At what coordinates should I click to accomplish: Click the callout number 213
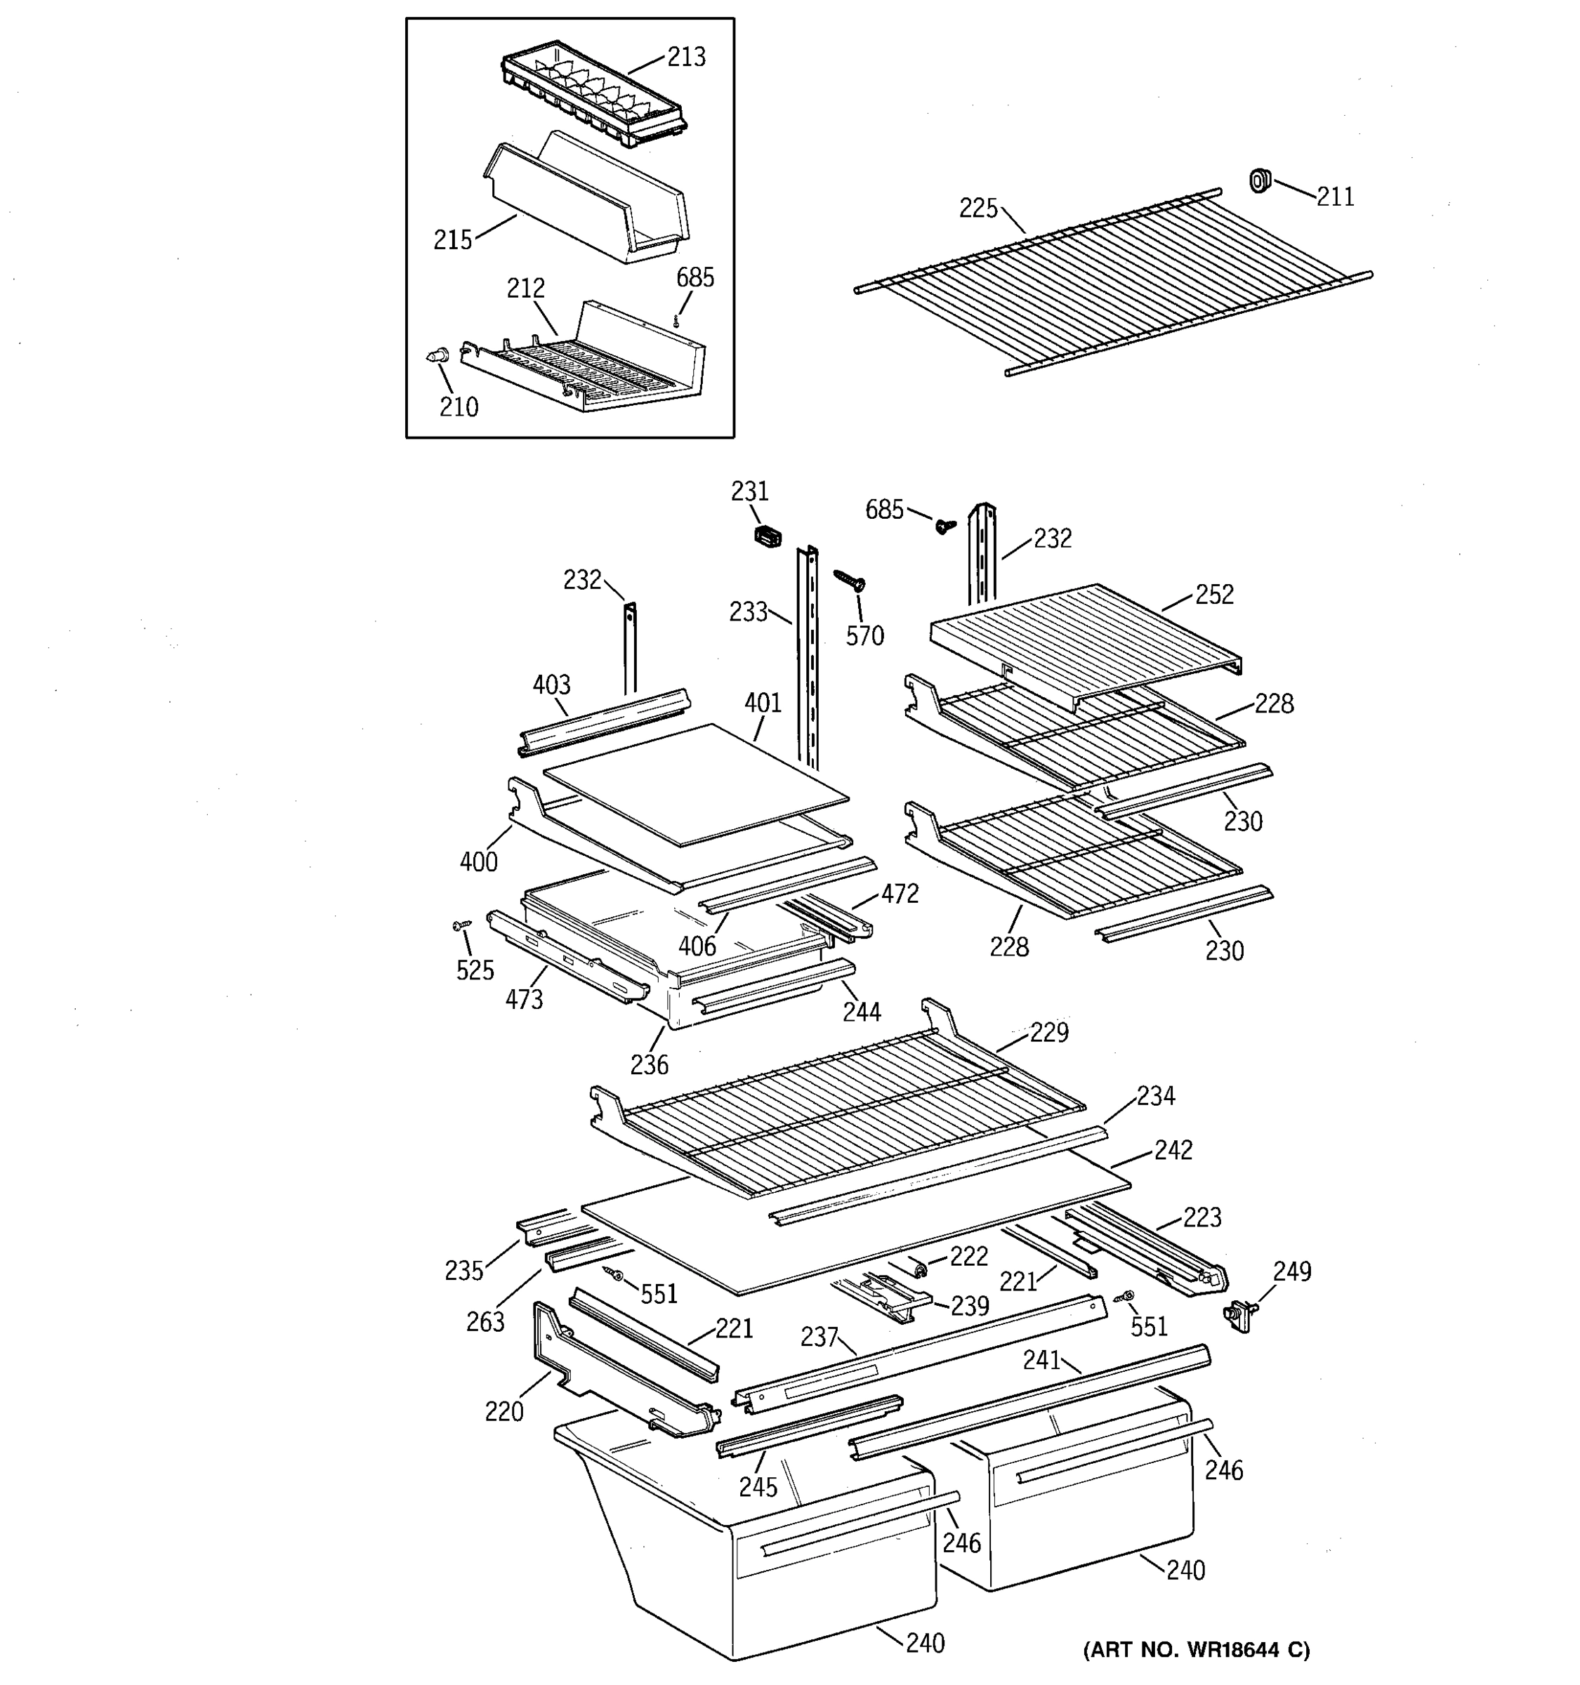click(686, 57)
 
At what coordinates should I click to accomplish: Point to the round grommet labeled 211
click(1260, 180)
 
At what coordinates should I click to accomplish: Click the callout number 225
click(978, 208)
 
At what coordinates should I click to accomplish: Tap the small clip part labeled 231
click(767, 536)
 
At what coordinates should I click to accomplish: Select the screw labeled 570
click(849, 579)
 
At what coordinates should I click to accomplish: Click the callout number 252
click(1214, 594)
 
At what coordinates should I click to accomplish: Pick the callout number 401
click(763, 703)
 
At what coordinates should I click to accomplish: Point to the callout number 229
click(1048, 1032)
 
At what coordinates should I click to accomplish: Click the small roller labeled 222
click(918, 1268)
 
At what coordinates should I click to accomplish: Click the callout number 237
click(819, 1337)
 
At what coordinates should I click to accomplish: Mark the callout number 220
click(503, 1411)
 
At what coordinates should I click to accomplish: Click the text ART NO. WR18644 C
click(1196, 1649)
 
